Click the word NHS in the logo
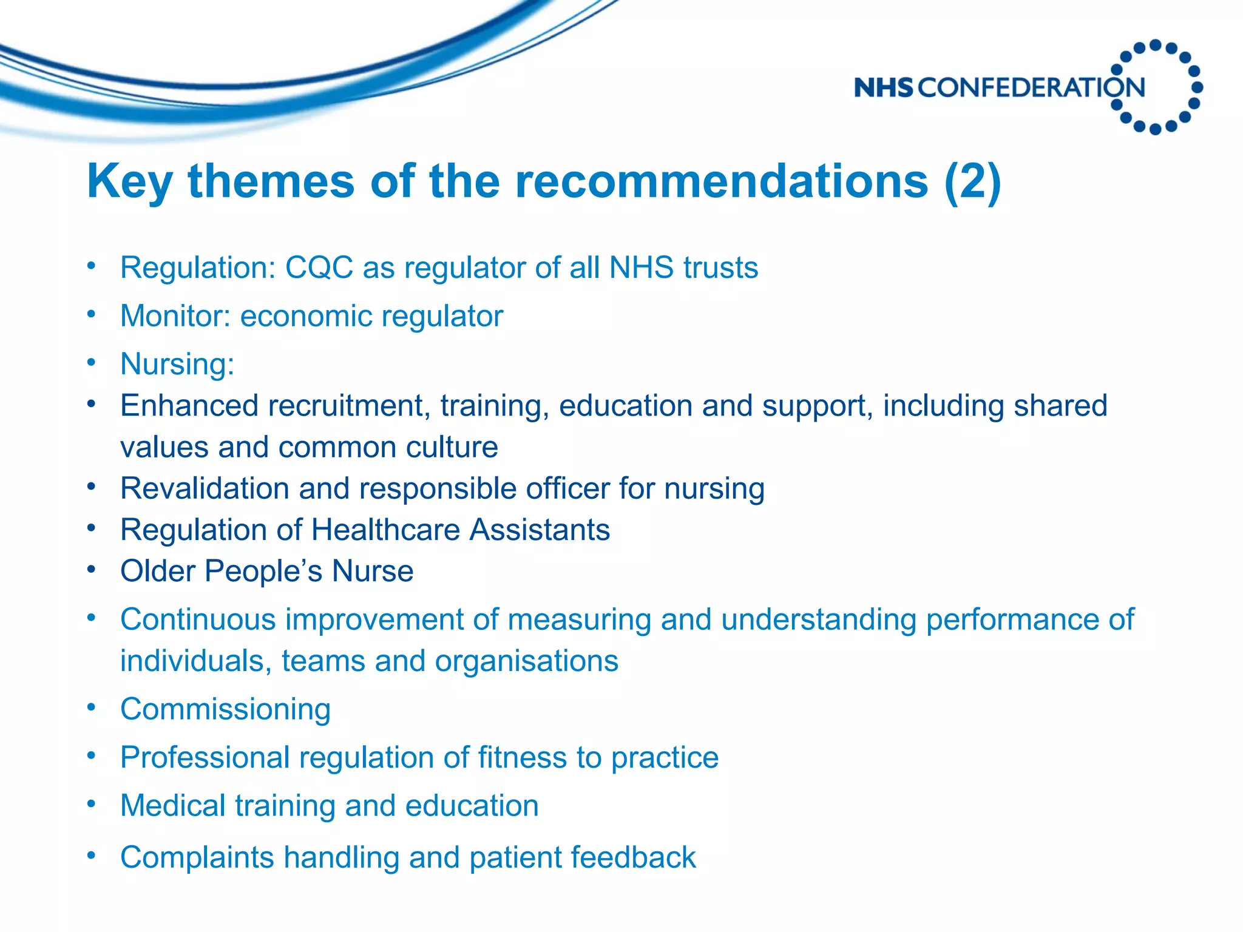(883, 88)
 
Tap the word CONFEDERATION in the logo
(1031, 88)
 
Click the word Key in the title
(129, 182)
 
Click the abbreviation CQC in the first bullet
(319, 268)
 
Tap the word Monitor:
(175, 316)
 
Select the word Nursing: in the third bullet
(177, 364)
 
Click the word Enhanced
(189, 405)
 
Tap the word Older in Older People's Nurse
(157, 571)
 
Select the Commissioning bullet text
(225, 709)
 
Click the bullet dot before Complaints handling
(91, 856)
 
